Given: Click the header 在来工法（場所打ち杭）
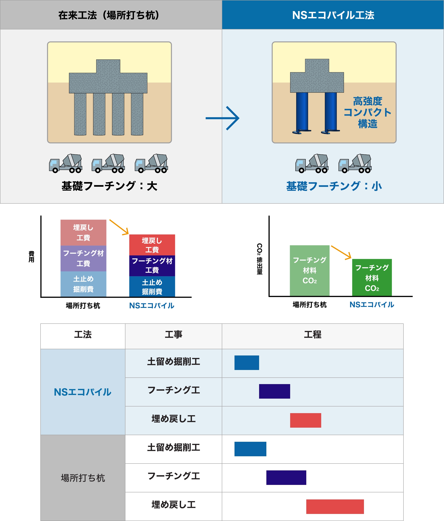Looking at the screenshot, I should coord(109,15).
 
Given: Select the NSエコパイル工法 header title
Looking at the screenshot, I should coord(333,15).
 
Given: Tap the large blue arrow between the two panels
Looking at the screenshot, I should coord(222,118).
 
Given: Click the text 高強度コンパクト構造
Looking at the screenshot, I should coord(367,112).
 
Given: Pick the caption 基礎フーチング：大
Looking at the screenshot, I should coord(109,186).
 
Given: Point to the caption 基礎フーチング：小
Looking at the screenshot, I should coord(334,186).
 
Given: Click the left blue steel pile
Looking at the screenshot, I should coord(302,112).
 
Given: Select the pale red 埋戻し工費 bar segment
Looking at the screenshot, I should coord(83,233).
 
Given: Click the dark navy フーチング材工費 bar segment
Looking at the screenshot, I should coord(152,266).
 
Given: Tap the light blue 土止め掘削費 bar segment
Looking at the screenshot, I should coord(83,284).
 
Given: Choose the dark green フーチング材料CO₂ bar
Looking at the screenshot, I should coord(372,277).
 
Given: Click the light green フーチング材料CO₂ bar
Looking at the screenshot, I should coord(310,270).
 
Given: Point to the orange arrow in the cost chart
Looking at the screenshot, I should coord(119,227).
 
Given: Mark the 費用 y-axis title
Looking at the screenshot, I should coord(31,256).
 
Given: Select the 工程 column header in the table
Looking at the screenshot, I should coord(313,335).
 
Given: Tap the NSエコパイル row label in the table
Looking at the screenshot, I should coord(82,392).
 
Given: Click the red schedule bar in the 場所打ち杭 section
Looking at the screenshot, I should coord(335,506).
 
